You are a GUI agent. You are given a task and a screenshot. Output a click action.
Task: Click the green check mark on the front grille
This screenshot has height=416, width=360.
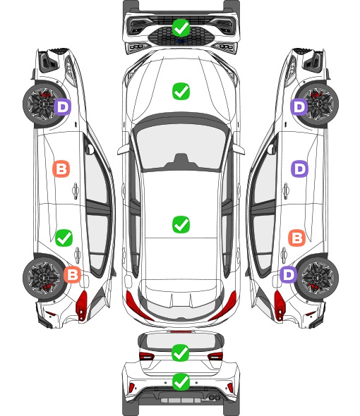181,27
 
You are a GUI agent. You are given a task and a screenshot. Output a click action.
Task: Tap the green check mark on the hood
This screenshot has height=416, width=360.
181,92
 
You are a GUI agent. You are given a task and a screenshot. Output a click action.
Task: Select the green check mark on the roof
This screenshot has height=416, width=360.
181,225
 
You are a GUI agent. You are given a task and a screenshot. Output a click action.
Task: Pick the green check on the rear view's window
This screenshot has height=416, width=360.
181,353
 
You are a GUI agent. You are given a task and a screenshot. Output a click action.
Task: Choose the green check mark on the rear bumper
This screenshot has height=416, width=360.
181,382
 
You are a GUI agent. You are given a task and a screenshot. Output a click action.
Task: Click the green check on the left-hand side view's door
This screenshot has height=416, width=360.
64,238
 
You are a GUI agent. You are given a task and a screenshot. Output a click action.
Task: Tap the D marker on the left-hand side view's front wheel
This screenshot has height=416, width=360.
62,107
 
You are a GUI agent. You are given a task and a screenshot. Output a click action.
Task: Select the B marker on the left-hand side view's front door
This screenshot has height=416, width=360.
61,169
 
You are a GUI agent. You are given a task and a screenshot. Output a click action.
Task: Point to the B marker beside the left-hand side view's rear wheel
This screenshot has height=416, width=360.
72,274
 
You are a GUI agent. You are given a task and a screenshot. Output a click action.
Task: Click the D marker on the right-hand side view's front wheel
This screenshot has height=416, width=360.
299,107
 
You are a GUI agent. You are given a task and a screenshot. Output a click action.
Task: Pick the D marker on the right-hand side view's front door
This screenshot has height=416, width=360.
300,169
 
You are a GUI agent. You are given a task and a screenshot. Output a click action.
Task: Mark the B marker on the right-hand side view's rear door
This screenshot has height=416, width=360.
296,238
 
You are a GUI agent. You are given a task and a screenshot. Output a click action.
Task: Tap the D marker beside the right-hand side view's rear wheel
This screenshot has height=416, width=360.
289,274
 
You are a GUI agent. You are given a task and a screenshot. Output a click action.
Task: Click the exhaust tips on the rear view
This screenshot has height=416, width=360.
215,397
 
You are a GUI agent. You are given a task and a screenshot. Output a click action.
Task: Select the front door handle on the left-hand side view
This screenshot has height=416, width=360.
76,190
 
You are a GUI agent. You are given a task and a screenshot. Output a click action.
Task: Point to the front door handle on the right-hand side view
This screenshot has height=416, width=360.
286,190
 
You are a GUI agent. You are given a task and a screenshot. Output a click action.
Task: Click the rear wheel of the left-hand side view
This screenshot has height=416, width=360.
43,278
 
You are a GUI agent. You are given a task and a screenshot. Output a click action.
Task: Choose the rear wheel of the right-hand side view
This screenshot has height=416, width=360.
318,278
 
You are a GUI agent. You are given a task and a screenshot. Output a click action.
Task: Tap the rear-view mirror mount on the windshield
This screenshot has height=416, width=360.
181,161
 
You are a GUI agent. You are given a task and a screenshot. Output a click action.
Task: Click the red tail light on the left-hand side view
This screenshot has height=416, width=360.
82,305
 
